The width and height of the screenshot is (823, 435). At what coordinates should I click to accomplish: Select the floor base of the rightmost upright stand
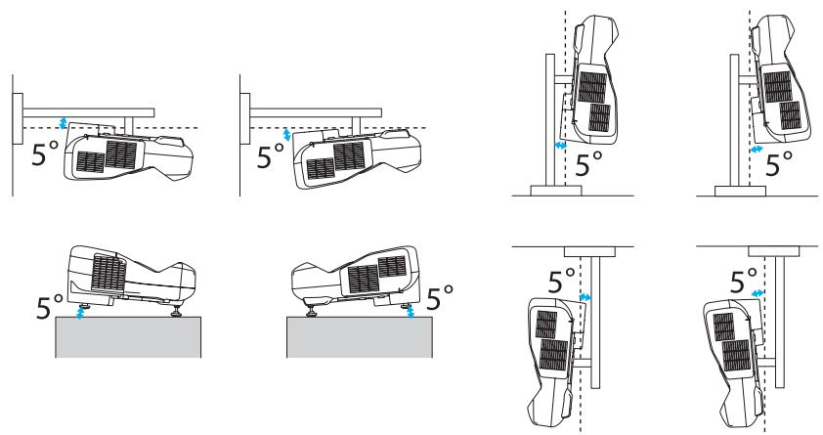pos(735,190)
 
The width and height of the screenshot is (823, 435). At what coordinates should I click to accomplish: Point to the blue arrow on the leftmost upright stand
pos(560,145)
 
